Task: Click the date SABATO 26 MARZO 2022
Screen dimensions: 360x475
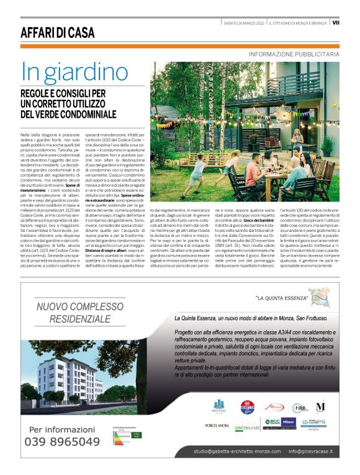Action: point(245,23)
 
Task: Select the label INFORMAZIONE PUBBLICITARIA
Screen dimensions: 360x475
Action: point(294,55)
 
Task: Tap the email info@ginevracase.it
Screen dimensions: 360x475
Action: point(310,451)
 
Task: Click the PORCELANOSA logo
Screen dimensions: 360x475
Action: point(217,425)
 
